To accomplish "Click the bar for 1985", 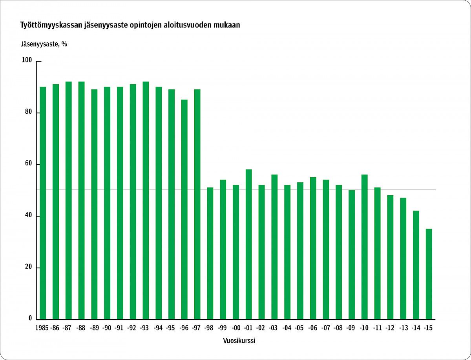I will click(x=43, y=203).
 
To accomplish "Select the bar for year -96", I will click(x=184, y=209).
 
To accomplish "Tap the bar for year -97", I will click(x=197, y=204).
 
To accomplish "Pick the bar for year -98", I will click(x=210, y=253).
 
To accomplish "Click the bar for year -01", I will click(x=249, y=244).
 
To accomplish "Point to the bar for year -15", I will click(x=429, y=274).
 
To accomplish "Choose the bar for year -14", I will click(x=416, y=265).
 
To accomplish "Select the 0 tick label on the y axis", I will click(x=30, y=319).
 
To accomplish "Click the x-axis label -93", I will click(x=145, y=328).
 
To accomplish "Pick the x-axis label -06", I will click(x=313, y=328).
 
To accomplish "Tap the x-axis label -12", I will click(x=390, y=328).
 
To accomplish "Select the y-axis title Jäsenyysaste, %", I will click(x=44, y=44).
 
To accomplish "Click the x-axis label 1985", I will click(x=42, y=328).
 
